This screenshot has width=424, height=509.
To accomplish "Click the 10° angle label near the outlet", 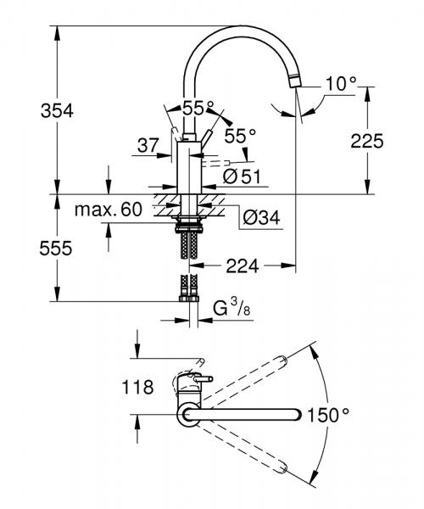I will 341,85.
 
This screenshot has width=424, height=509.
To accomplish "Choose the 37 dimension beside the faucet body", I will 148,146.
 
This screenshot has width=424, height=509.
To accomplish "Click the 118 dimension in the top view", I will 138,388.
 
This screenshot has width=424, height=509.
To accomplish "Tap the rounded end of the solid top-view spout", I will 296,414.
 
